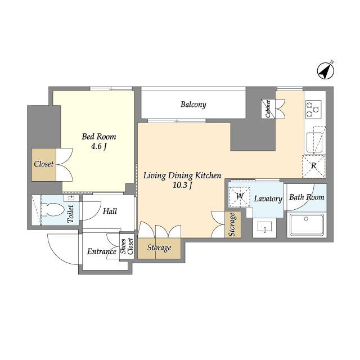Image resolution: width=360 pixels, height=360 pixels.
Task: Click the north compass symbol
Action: pos(326,71)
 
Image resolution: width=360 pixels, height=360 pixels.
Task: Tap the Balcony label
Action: pos(193,105)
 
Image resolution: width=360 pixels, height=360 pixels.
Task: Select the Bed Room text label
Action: pos(99,137)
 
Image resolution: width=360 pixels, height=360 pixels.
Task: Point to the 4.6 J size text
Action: pos(99,146)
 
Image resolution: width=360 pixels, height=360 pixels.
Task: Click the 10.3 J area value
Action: pos(182,185)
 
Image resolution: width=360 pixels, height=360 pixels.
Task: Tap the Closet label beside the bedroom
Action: pos(44,164)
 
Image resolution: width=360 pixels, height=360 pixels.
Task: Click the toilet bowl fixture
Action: pos(52,210)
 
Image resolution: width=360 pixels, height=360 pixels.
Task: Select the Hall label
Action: pos(110,211)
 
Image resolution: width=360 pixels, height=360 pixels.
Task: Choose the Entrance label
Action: pos(102,251)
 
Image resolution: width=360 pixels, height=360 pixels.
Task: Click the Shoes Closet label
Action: pos(127,246)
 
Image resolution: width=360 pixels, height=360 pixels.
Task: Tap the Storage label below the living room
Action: pos(159,247)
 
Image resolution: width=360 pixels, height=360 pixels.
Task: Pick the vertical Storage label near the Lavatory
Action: pos(232,224)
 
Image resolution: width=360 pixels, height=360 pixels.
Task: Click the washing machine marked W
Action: pos(240,196)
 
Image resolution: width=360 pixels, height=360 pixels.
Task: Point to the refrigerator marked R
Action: pos(314,166)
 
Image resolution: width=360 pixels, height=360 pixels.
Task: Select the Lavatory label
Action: pos(268,199)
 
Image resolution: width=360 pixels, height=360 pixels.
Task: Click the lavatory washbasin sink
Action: pos(264,227)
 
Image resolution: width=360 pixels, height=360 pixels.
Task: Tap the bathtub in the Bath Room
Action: pos(307,225)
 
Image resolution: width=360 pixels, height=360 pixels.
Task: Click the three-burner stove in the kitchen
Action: pos(313,109)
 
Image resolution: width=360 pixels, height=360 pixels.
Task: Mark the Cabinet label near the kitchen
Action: pos(268,109)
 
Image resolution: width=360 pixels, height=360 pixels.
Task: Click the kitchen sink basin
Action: pos(314,142)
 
